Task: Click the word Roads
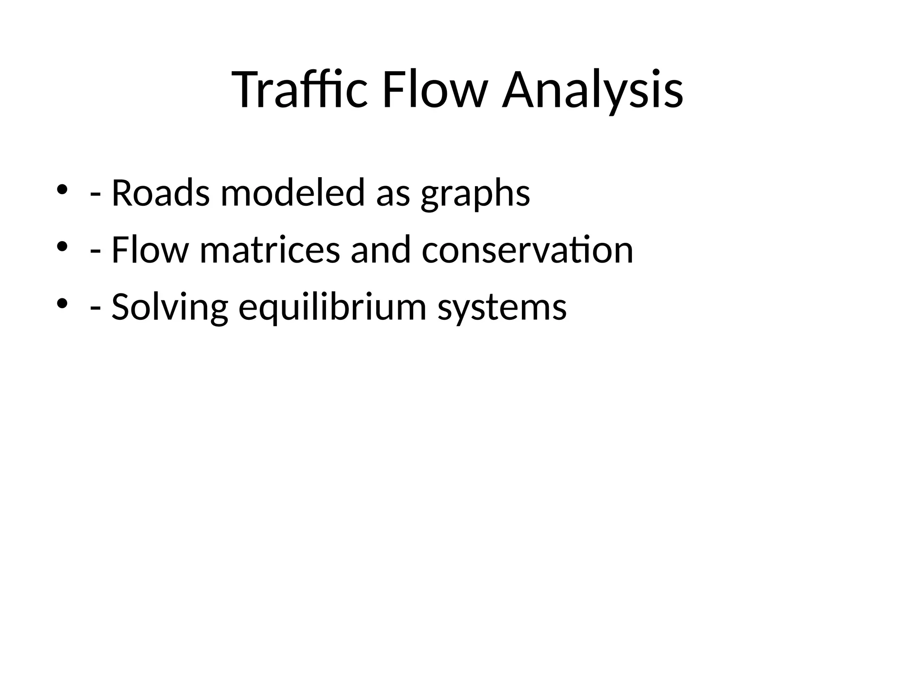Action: click(x=160, y=193)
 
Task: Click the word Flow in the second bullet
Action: click(x=150, y=250)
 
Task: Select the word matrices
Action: click(x=270, y=250)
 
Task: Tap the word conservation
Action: click(x=527, y=250)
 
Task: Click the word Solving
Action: click(x=170, y=308)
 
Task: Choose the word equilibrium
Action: click(x=333, y=308)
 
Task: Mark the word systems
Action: click(x=502, y=308)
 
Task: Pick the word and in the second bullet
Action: click(x=381, y=250)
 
